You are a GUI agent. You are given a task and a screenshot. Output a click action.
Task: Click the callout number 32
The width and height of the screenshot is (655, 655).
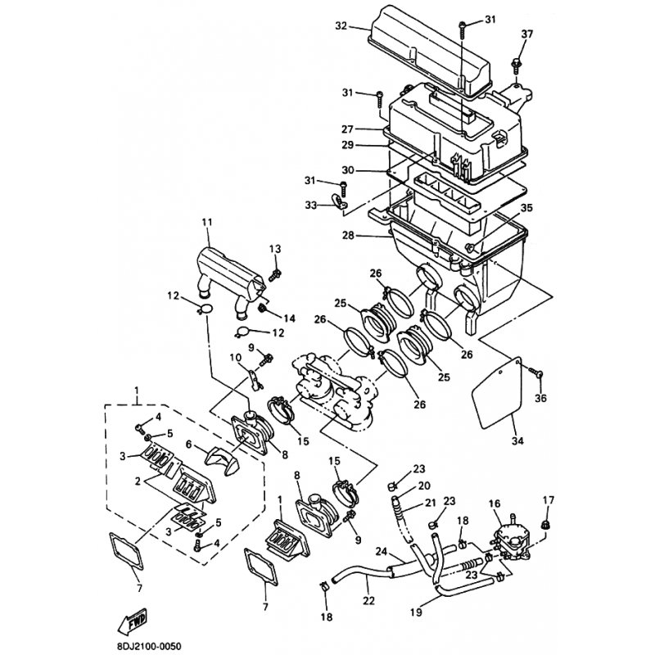341,25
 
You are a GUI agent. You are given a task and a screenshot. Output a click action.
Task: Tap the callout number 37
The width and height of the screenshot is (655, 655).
526,34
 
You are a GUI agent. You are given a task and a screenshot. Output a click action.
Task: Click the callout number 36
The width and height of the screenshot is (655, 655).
539,399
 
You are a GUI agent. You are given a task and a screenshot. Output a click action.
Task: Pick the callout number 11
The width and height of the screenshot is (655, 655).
206,222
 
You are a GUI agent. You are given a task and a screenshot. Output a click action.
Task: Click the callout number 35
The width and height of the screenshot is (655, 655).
526,208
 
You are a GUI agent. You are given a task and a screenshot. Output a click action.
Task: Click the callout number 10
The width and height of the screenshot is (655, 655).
236,357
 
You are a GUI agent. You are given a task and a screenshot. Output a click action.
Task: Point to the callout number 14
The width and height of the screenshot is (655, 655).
289,318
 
